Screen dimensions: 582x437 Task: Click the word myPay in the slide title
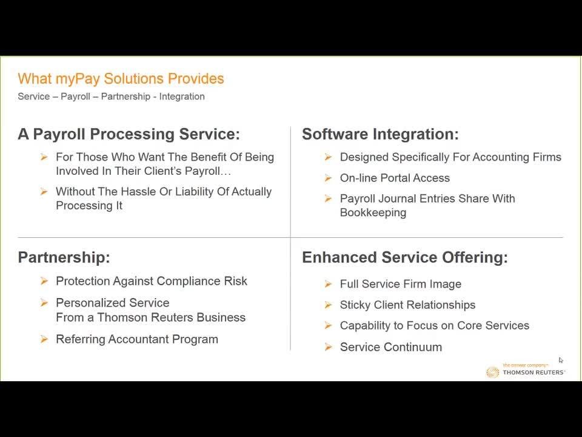(78, 79)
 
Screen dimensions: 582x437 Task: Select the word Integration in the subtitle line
(182, 97)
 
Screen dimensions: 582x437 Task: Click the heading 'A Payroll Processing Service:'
(129, 134)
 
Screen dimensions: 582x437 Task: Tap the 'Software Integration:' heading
(380, 134)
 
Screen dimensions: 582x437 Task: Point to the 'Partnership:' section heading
(64, 257)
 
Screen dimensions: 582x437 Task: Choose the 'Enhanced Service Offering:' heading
(404, 257)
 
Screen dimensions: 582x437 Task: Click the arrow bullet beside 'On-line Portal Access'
(328, 178)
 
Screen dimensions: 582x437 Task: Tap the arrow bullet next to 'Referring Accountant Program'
(44, 339)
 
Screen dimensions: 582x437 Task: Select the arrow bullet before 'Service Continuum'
(328, 347)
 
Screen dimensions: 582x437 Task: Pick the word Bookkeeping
(373, 213)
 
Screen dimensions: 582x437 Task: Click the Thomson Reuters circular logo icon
(492, 372)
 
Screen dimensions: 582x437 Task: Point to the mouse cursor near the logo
(560, 360)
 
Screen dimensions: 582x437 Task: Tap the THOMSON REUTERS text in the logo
(533, 372)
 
